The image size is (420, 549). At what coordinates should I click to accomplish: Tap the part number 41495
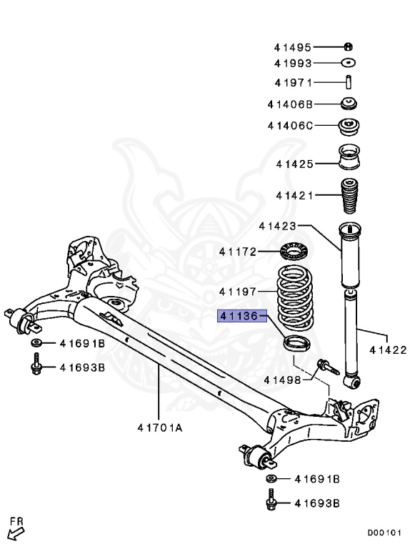click(292, 48)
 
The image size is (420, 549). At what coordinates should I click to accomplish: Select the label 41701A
click(160, 428)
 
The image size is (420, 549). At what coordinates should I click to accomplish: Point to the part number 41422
click(388, 350)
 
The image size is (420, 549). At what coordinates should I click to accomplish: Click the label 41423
click(277, 227)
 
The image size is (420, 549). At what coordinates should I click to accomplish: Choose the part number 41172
click(238, 252)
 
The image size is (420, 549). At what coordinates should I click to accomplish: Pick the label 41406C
click(291, 126)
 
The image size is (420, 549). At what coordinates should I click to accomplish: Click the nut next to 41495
click(349, 47)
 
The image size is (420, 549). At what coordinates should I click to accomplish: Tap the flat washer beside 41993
click(349, 64)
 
